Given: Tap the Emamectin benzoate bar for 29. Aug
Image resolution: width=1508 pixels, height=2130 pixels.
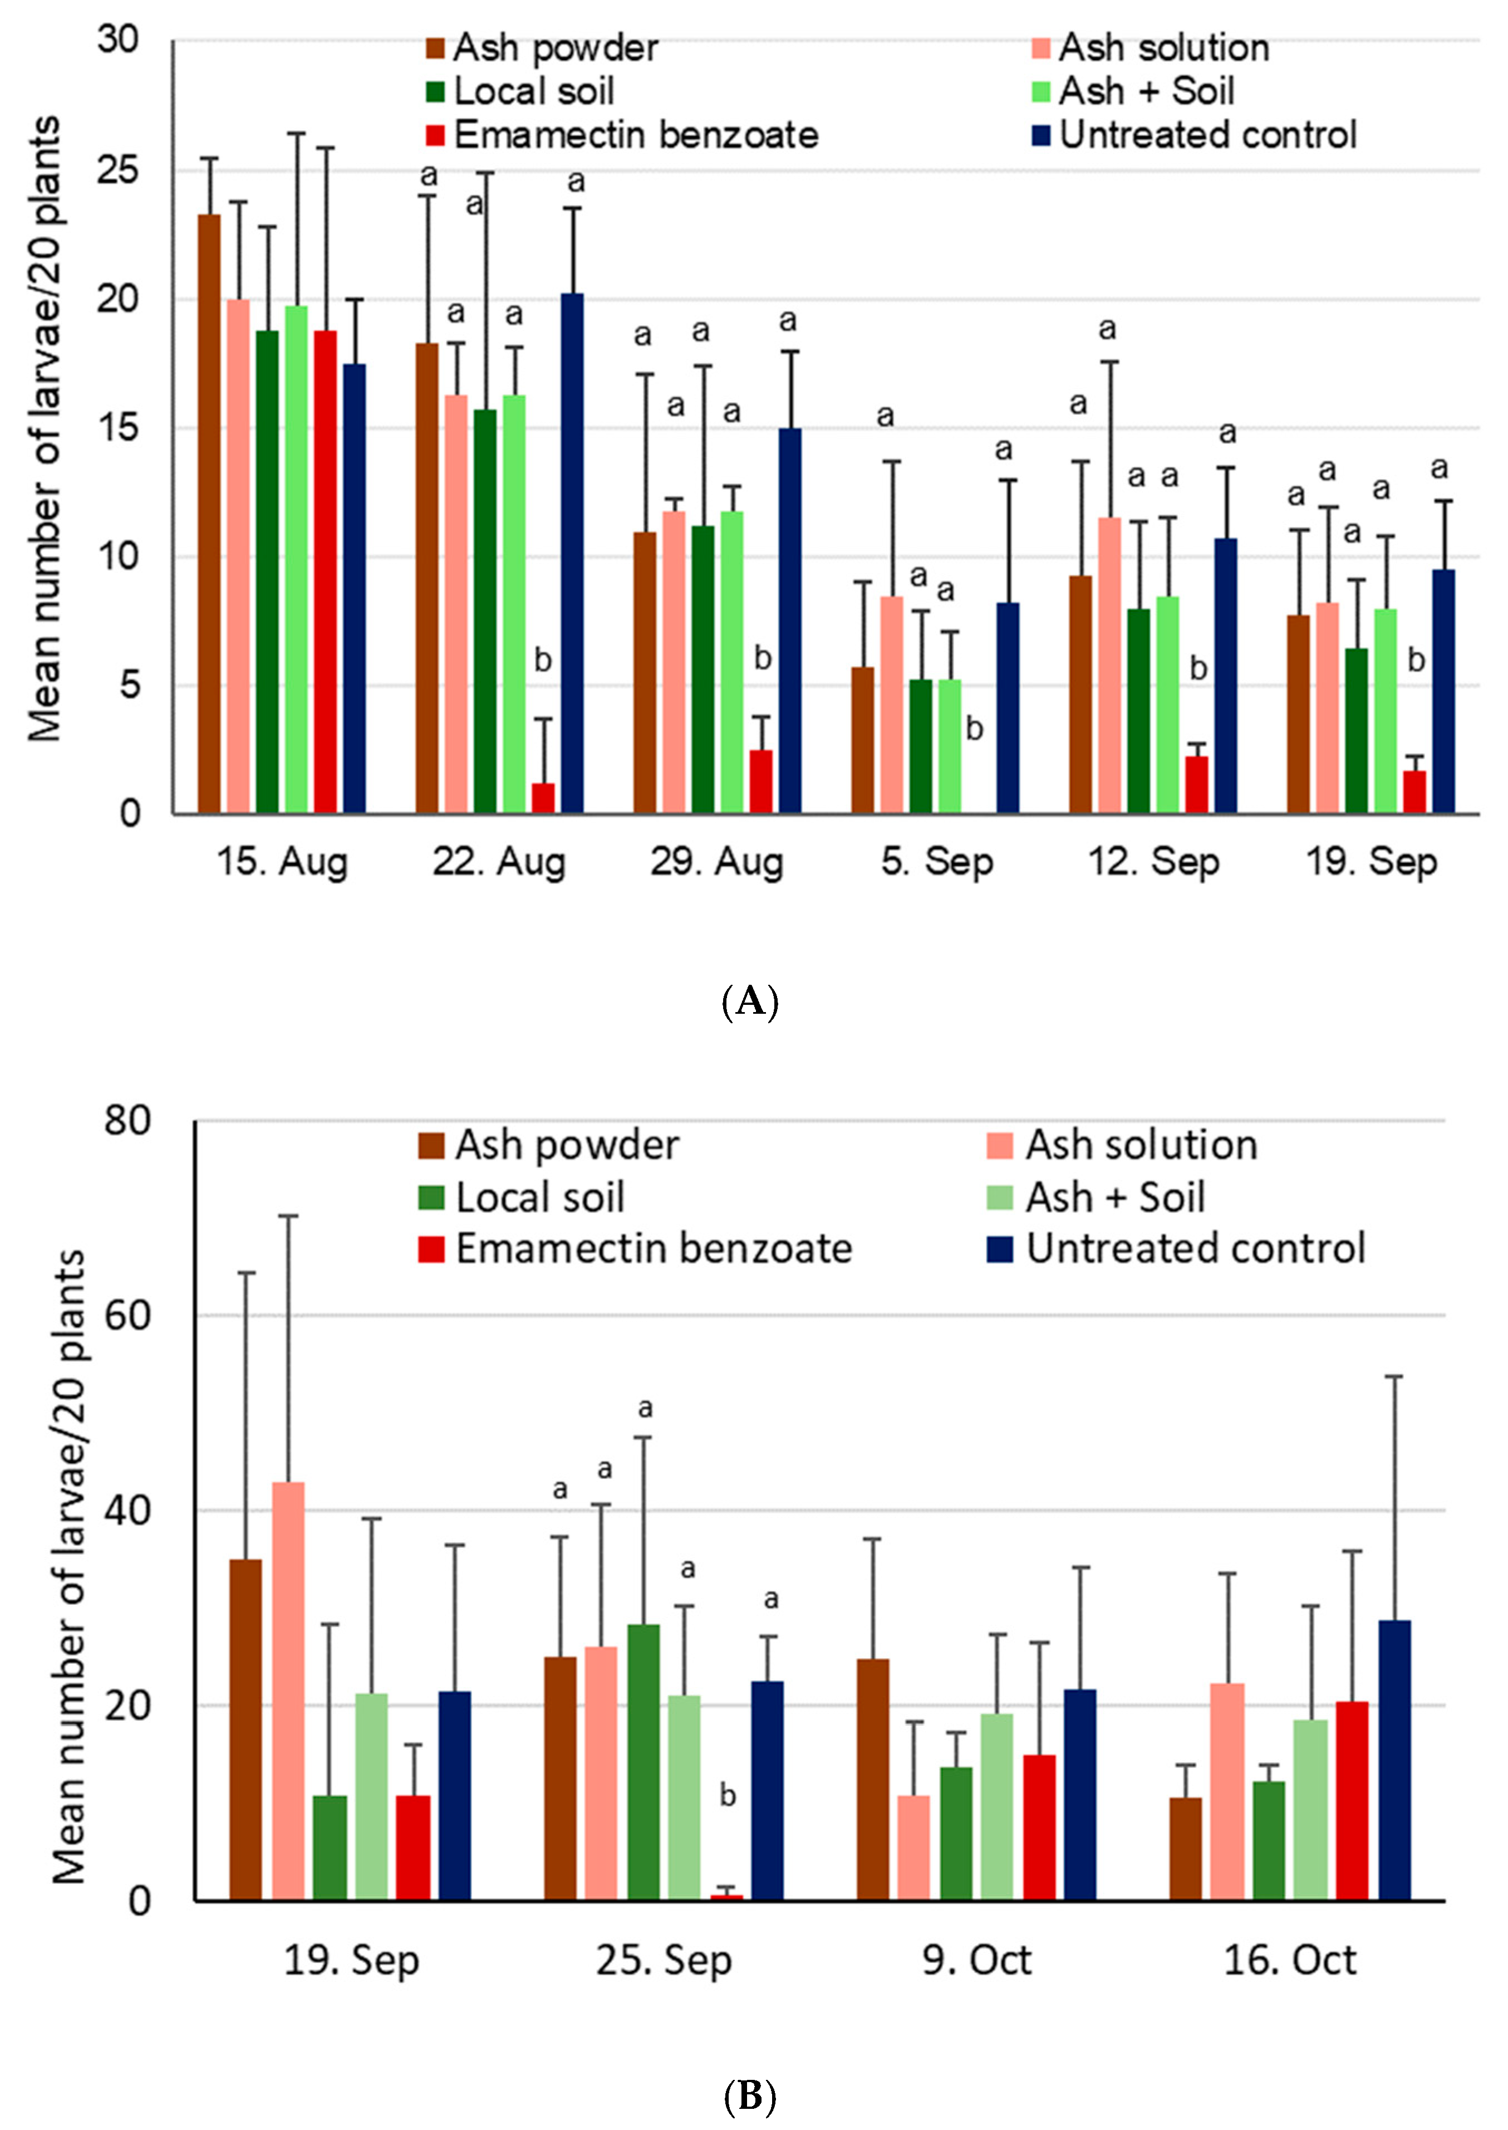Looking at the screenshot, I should pyautogui.click(x=762, y=782).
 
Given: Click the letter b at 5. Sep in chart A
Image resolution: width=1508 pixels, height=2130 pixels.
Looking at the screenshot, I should pyautogui.click(x=974, y=729).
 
